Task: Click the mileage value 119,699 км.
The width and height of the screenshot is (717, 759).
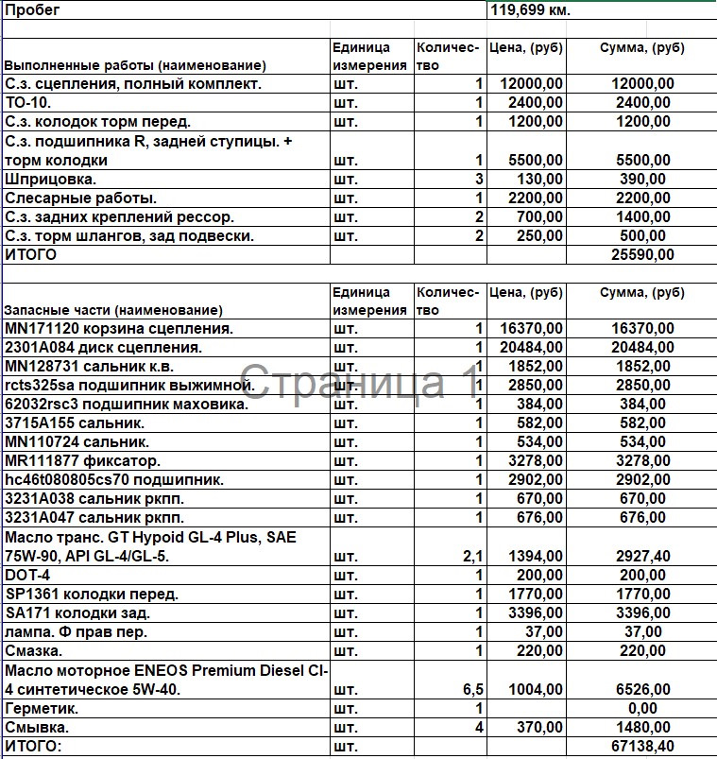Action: pos(530,10)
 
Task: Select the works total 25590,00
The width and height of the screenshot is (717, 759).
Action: pos(642,254)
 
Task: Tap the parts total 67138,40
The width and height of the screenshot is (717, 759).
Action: pos(642,748)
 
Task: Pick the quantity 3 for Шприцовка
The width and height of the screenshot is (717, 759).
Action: pos(479,179)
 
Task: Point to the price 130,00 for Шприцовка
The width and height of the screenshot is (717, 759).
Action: pos(539,179)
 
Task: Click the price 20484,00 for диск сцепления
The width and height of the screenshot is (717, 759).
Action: pos(531,348)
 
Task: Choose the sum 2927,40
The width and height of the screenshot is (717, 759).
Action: pos(642,557)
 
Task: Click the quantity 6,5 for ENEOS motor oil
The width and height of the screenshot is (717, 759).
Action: pos(472,690)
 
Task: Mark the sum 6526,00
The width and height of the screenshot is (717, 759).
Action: pos(642,690)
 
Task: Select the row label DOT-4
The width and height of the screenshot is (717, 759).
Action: pos(27,576)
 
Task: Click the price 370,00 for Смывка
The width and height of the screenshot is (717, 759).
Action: pos(539,728)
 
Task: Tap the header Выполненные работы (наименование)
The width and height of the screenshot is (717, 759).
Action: pos(135,66)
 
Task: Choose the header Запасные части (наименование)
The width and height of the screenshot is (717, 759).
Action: pos(114,310)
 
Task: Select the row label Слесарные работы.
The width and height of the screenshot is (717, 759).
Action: pos(81,198)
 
